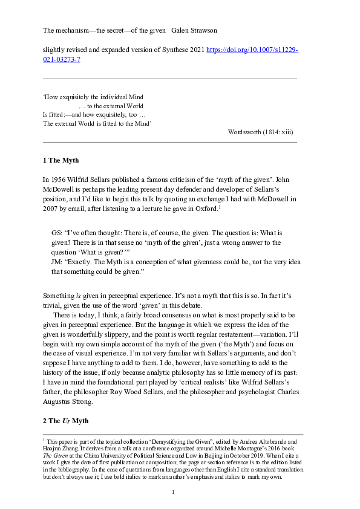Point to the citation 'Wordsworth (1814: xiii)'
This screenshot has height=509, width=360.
[261, 132]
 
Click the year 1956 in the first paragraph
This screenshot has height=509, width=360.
[59, 179]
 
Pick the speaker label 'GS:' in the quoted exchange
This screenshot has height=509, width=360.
[59, 232]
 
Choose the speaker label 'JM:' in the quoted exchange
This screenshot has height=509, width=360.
[59, 262]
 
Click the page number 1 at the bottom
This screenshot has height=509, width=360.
[173, 493]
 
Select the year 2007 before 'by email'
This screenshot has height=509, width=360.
[51, 209]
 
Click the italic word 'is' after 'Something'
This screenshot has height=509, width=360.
[76, 295]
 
